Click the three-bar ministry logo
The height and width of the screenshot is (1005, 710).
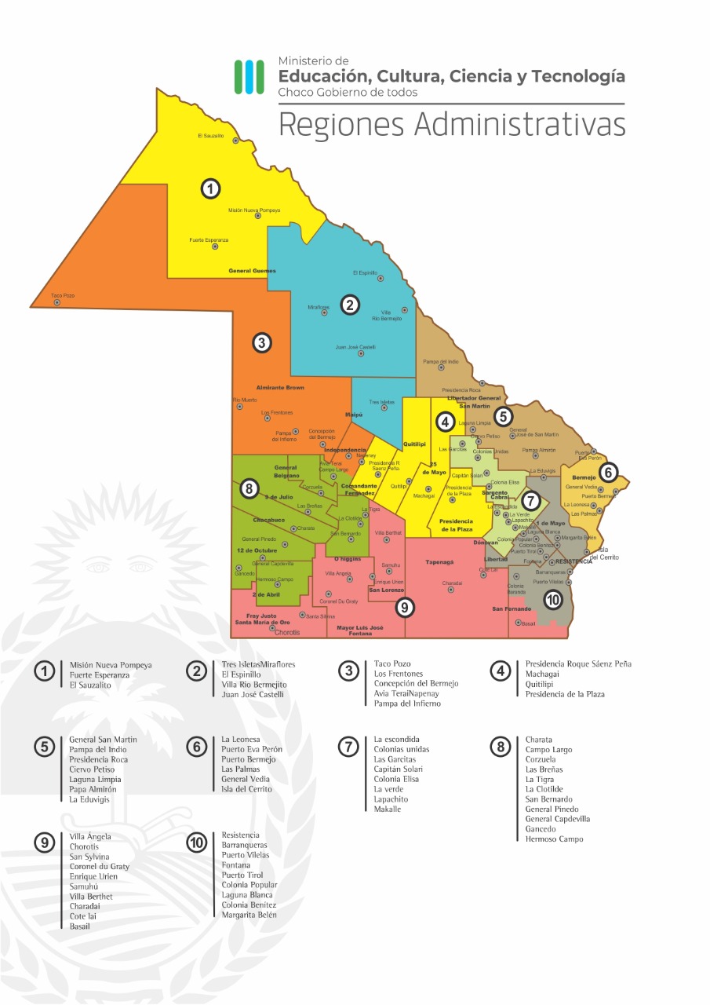[249, 76]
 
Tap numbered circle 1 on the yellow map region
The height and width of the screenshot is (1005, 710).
[209, 188]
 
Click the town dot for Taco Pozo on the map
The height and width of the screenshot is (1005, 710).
[57, 302]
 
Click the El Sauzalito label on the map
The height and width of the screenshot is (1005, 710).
[210, 136]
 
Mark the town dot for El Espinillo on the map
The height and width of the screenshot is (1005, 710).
[380, 278]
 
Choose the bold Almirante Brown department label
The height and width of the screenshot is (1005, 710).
[280, 388]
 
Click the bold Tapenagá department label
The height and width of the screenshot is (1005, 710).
[441, 562]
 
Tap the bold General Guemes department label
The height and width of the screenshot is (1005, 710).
[252, 271]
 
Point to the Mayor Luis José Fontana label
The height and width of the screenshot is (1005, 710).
[361, 630]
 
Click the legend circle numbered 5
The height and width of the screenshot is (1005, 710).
[46, 747]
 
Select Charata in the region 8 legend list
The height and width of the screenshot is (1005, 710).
[539, 740]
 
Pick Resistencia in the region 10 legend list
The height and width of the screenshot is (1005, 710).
[240, 835]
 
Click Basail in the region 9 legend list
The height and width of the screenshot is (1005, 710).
[79, 926]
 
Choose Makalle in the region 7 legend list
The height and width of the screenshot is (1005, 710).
[387, 809]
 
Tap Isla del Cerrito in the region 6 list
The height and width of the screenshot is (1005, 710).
[246, 789]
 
